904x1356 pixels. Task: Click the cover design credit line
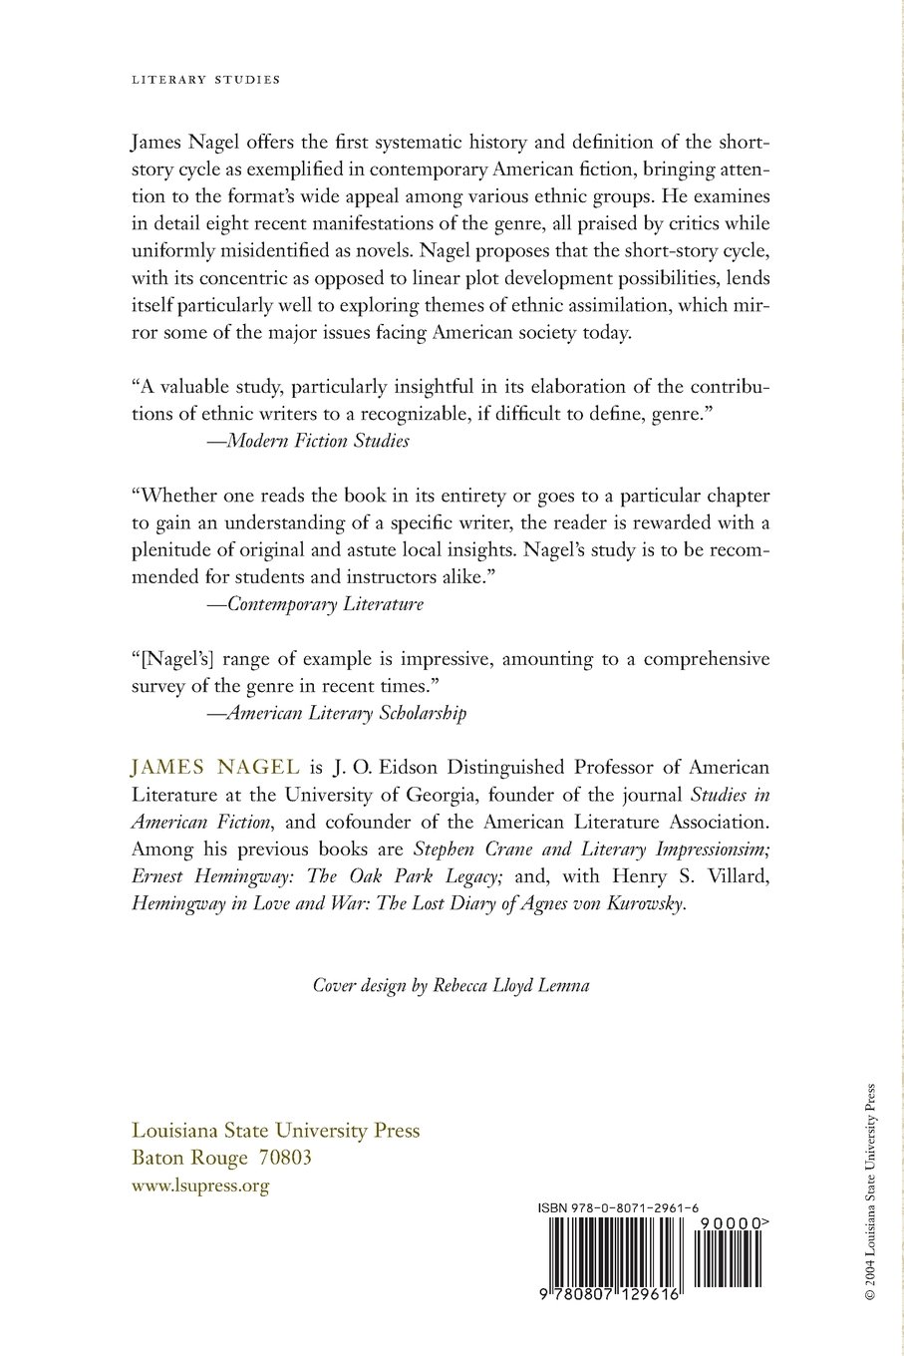pyautogui.click(x=452, y=985)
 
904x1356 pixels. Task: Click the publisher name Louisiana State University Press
pyautogui.click(x=276, y=1131)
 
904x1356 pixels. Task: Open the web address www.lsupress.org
pyautogui.click(x=200, y=1186)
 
